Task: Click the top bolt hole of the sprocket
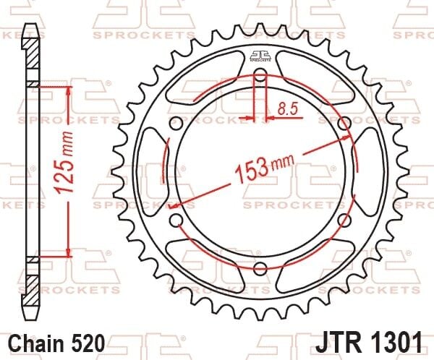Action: point(260,77)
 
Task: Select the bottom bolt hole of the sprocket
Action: point(260,270)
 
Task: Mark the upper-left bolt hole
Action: point(175,124)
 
